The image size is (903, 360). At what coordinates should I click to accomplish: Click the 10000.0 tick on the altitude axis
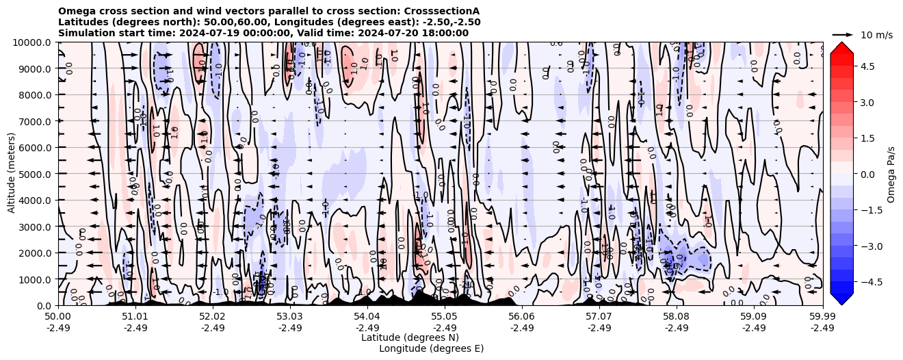click(x=33, y=42)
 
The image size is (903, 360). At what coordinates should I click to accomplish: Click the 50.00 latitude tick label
click(x=58, y=317)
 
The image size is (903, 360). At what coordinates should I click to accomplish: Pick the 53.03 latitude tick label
click(x=290, y=317)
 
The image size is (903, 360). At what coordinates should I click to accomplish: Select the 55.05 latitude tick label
click(x=445, y=317)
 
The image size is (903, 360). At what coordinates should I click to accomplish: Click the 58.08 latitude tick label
click(x=677, y=317)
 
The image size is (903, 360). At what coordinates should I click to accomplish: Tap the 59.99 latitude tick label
click(x=822, y=317)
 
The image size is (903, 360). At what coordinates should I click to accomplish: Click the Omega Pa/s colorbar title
click(x=891, y=174)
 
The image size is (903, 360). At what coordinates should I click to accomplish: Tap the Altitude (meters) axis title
click(x=12, y=174)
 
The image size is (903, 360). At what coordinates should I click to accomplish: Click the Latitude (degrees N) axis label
click(x=410, y=337)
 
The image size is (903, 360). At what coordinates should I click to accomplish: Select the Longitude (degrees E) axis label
click(x=432, y=348)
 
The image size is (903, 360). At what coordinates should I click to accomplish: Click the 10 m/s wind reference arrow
click(x=843, y=34)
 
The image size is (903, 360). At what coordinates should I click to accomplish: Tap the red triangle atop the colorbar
click(x=841, y=47)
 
